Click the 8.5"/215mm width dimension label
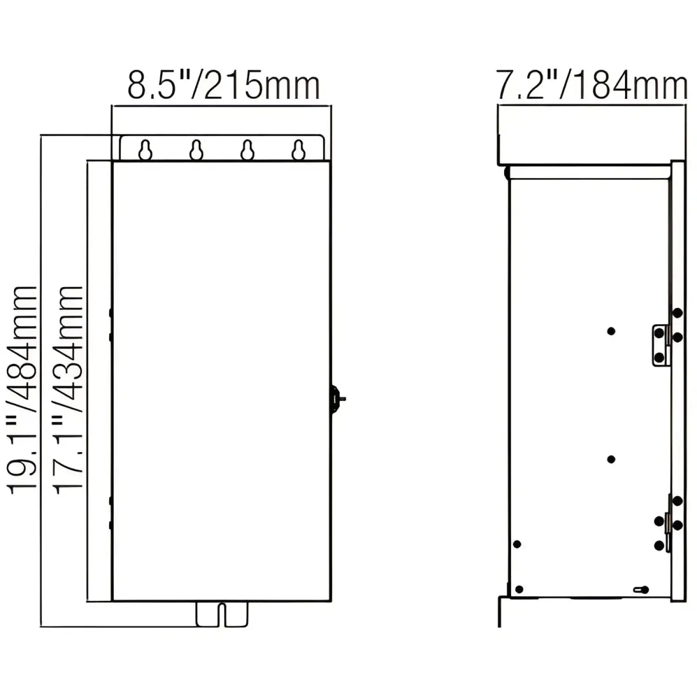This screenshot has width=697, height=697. pyautogui.click(x=224, y=85)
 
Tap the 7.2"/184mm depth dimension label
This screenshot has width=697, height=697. pyautogui.click(x=592, y=85)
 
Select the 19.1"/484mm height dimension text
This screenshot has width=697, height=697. pyautogui.click(x=22, y=388)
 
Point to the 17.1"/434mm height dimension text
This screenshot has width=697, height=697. pyautogui.click(x=68, y=388)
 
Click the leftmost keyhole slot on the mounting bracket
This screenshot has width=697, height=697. pyautogui.click(x=145, y=150)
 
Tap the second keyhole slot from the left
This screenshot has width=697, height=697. pyautogui.click(x=197, y=150)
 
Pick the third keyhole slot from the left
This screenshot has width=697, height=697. pyautogui.click(x=247, y=150)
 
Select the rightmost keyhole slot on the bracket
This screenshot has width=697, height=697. pyautogui.click(x=298, y=150)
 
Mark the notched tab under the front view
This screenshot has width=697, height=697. pyautogui.click(x=222, y=614)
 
